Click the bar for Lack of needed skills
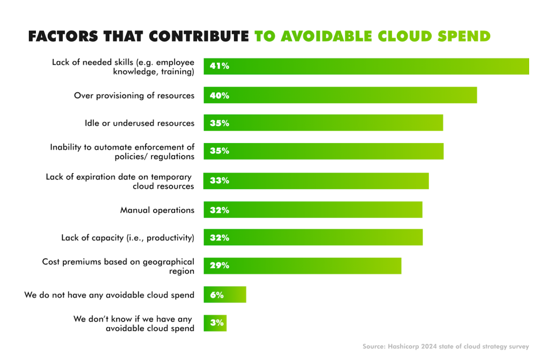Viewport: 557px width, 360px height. [x=366, y=66]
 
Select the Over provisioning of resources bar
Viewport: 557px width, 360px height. [x=340, y=95]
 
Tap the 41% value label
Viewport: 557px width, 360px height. [x=220, y=66]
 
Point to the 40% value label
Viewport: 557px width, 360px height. [x=220, y=95]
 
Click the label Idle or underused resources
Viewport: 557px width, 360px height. [x=139, y=123]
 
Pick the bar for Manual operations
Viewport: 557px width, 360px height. [x=313, y=210]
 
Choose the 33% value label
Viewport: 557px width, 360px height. [x=220, y=181]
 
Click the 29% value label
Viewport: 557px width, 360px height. [x=220, y=266]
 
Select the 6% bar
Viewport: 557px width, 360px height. [x=225, y=295]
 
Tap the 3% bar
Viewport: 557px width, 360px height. [x=215, y=323]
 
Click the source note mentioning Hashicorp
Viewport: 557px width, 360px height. [x=446, y=347]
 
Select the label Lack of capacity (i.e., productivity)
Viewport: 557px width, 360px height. [x=127, y=237]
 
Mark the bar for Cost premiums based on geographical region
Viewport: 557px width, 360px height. [x=302, y=266]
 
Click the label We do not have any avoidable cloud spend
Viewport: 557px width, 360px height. [x=109, y=295]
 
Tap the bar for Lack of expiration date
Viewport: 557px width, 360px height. [x=316, y=181]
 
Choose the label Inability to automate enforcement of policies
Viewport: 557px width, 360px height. [x=122, y=152]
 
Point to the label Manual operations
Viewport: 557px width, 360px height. [x=157, y=210]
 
